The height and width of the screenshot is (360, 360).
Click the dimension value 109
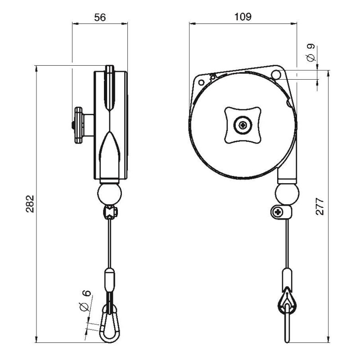pos(243,17)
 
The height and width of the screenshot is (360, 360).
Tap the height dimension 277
pos(320,206)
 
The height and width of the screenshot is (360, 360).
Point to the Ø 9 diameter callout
pos(310,53)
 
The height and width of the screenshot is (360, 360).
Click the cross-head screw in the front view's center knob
pos(243,125)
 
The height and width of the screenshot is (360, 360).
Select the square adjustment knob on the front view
pos(243,125)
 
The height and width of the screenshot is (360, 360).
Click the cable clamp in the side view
pos(109,212)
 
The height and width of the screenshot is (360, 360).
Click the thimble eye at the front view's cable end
pos(286,301)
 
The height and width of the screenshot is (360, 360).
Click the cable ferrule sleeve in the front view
pos(286,277)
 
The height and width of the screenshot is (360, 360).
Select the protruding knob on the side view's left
pos(81,125)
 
